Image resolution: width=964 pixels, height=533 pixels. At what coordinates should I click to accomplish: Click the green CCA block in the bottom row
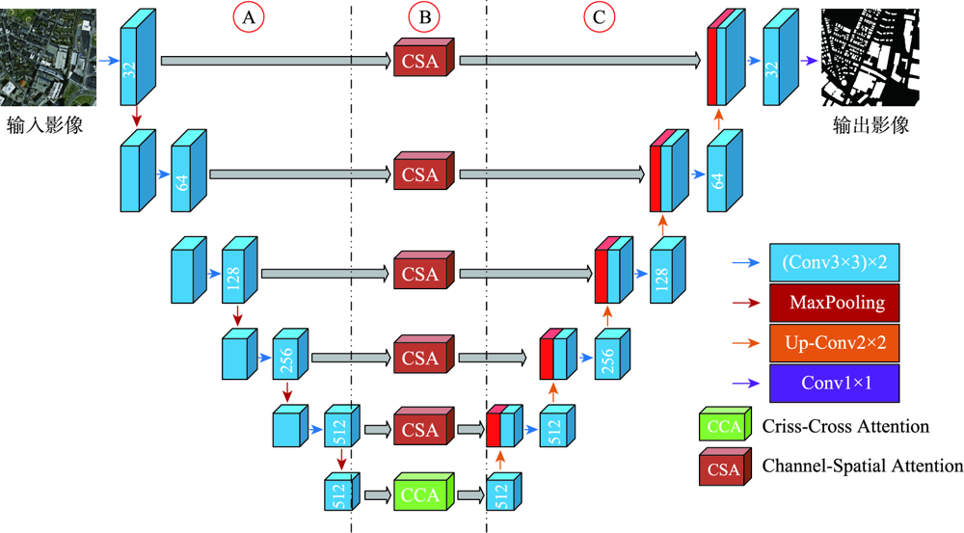tap(419, 494)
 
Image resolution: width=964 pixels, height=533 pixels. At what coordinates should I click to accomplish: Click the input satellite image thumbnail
tap(47, 59)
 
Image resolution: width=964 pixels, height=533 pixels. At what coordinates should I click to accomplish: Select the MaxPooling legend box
tap(835, 304)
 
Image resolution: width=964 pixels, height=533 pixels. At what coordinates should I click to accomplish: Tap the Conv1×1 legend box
tap(835, 383)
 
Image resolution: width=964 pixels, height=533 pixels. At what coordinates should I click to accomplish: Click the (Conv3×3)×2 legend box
tap(835, 262)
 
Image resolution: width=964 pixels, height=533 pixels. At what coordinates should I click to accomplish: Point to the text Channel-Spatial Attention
tap(862, 466)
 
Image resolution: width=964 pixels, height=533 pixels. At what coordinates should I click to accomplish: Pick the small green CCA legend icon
tap(724, 426)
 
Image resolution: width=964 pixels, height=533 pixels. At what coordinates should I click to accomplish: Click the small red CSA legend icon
tap(724, 467)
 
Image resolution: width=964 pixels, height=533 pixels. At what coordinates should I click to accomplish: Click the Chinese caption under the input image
tap(44, 125)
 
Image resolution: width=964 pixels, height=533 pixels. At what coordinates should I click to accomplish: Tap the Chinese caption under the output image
tap(870, 125)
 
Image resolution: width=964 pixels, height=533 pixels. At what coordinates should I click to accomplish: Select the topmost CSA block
tap(421, 60)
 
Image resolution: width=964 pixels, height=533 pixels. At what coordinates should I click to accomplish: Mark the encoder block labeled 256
tap(286, 359)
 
